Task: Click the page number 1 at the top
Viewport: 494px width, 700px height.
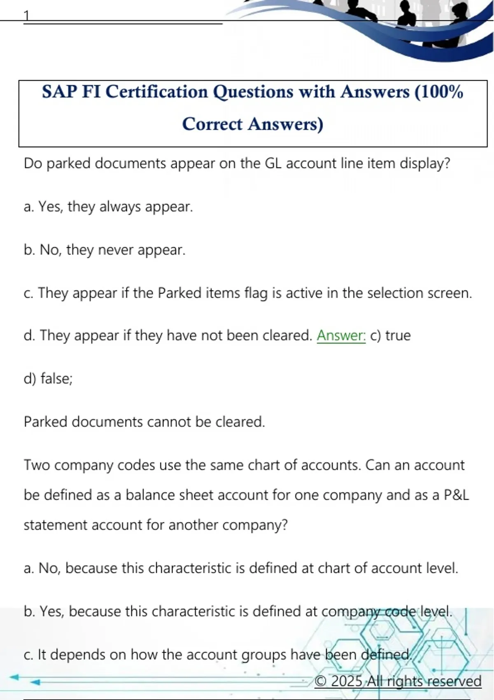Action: (x=27, y=16)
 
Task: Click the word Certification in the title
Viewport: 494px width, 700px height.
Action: (x=157, y=92)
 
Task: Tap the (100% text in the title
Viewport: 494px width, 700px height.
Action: (x=439, y=92)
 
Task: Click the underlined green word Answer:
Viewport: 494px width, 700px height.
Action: (x=341, y=336)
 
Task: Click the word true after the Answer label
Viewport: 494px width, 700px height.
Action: (x=398, y=336)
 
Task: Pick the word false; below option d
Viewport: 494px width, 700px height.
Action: (x=56, y=378)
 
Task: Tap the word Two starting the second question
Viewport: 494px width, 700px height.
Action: (x=37, y=465)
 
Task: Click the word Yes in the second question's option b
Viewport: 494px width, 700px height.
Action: (x=51, y=611)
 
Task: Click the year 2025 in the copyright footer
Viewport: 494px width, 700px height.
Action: (x=347, y=681)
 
